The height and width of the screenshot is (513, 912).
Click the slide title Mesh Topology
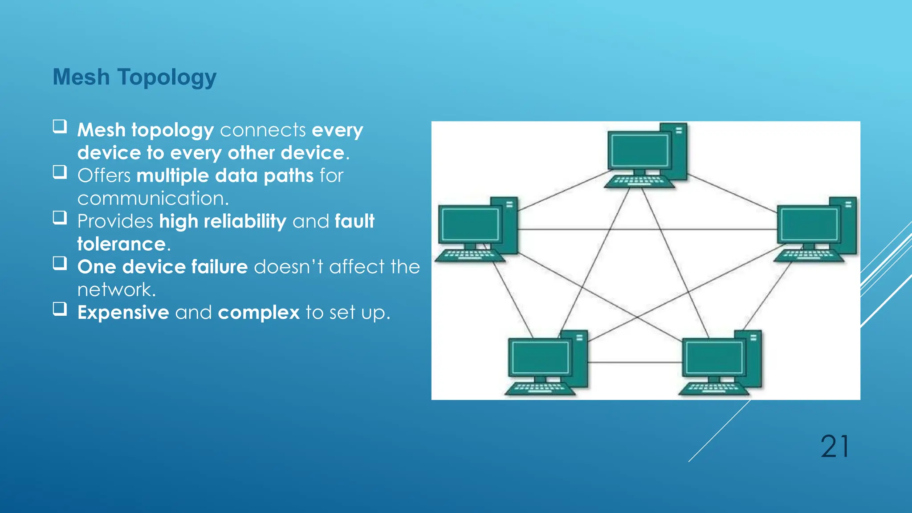(134, 77)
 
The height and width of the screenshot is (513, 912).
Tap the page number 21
(835, 447)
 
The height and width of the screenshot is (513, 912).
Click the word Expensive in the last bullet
(123, 313)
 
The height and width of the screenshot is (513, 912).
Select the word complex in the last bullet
(259, 313)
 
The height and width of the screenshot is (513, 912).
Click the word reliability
(244, 221)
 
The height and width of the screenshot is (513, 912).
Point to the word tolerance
(122, 244)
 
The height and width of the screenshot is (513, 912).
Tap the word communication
(153, 199)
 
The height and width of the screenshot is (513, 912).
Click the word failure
(219, 267)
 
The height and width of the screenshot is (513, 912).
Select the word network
(116, 290)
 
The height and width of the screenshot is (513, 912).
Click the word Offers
(104, 176)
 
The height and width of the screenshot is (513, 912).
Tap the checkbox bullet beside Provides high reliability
(60, 218)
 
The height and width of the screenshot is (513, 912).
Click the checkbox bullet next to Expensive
(60, 309)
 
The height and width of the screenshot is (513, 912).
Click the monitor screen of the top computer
(639, 150)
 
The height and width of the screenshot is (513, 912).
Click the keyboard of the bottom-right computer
(712, 388)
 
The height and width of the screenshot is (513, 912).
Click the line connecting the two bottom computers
(635, 362)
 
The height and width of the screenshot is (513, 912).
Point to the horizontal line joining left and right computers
(646, 229)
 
